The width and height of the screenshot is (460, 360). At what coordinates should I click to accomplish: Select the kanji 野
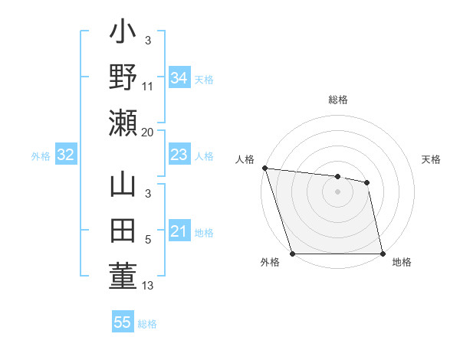123,77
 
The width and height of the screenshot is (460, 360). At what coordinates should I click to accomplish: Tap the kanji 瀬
123,123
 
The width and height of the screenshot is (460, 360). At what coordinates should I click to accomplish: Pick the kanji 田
123,231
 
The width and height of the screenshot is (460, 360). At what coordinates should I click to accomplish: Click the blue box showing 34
179,77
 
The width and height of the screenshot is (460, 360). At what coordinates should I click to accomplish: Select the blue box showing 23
179,155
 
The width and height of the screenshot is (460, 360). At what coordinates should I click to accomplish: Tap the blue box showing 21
179,231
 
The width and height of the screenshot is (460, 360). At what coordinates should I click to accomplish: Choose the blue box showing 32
65,155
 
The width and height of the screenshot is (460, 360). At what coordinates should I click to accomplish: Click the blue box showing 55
123,322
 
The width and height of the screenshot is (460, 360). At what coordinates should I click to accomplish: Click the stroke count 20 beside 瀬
148,132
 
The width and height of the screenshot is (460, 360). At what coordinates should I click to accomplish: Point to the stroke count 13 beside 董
148,286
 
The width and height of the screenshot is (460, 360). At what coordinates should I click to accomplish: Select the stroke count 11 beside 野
148,87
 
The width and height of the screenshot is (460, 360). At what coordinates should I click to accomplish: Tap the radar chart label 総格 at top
338,100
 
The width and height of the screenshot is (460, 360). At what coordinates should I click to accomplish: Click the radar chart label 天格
432,159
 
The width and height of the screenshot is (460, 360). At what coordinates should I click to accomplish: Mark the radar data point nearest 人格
264,168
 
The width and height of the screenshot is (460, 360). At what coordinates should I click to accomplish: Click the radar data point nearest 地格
382,254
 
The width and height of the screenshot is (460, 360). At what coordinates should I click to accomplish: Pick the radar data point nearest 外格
293,254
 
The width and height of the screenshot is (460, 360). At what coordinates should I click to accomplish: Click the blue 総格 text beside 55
147,324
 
